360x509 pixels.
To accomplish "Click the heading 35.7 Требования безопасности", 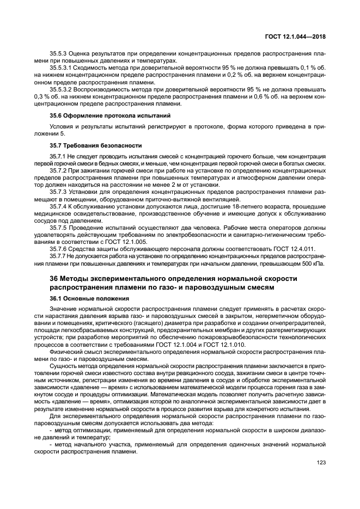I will [x=88, y=145].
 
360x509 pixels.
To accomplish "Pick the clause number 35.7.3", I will [x=59, y=192].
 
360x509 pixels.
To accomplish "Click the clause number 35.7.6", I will [x=59, y=248].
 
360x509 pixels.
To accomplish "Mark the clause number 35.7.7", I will [x=59, y=255].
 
